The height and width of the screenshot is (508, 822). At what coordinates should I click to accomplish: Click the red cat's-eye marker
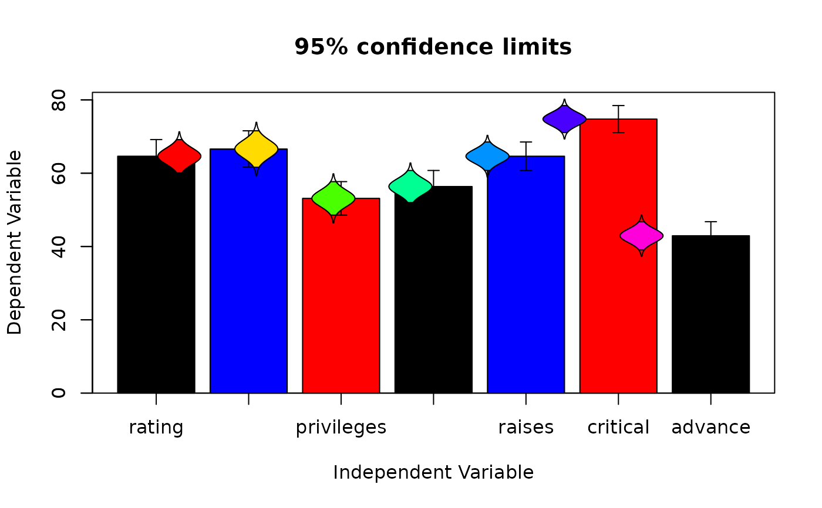click(180, 156)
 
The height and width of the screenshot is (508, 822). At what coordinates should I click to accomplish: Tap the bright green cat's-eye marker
click(333, 199)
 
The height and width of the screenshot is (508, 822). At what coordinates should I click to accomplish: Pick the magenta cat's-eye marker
click(642, 236)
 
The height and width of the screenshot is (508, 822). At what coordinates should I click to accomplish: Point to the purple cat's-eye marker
click(564, 119)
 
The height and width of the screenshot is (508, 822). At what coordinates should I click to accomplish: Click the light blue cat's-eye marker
click(487, 156)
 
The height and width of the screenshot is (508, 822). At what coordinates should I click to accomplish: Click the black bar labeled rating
click(156, 282)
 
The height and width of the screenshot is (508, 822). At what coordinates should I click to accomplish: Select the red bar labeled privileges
click(341, 299)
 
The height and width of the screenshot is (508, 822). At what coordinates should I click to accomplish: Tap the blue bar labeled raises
click(526, 282)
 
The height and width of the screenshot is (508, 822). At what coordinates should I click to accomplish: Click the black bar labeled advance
click(710, 317)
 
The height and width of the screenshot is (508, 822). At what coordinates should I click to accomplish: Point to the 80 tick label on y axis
click(59, 100)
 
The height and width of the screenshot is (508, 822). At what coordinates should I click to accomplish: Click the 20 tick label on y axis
click(59, 320)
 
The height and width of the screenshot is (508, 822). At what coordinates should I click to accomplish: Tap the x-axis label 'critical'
click(618, 428)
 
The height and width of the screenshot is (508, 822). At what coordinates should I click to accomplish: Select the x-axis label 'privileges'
click(341, 428)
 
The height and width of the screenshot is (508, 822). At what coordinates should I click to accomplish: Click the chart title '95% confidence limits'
click(433, 47)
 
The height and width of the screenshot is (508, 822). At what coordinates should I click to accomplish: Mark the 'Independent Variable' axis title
click(433, 472)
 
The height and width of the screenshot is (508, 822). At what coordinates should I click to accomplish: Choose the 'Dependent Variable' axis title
click(15, 242)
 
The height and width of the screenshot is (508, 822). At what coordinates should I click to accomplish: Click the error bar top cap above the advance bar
click(710, 222)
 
